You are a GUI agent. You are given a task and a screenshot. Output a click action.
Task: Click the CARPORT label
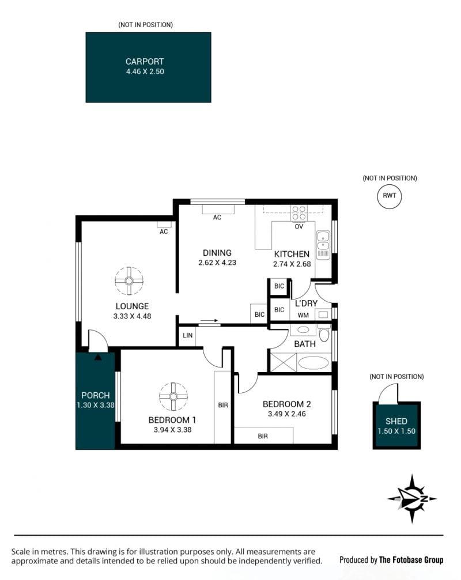tap(144, 62)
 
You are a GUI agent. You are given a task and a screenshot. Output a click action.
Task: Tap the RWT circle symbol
tap(389, 196)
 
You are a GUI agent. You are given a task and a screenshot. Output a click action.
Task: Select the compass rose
tap(412, 499)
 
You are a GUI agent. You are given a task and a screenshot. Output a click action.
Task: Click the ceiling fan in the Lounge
tap(129, 281)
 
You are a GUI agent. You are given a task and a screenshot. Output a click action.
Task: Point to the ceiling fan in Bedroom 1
tap(173, 396)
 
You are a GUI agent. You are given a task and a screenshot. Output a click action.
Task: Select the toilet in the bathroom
tap(324, 333)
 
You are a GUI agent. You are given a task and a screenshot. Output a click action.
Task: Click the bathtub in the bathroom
tap(313, 363)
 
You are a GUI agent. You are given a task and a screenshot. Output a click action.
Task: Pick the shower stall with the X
tap(284, 362)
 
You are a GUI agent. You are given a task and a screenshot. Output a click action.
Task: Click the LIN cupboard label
tap(188, 335)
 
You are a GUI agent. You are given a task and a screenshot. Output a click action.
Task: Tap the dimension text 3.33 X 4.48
tap(132, 316)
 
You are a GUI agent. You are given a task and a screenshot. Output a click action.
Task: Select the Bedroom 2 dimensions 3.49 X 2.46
tap(287, 414)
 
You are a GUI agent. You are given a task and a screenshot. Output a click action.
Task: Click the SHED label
tap(396, 421)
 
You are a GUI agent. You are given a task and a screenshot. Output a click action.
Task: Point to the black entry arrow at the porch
tap(98, 357)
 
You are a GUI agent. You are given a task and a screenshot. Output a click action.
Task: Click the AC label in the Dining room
tap(217, 218)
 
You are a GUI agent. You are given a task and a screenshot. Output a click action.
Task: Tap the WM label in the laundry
tap(303, 315)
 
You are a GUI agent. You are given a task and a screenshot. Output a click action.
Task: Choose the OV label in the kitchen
tap(299, 226)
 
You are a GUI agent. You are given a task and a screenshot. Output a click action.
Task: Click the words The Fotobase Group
tap(411, 560)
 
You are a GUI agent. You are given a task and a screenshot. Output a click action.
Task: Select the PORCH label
tap(96, 396)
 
